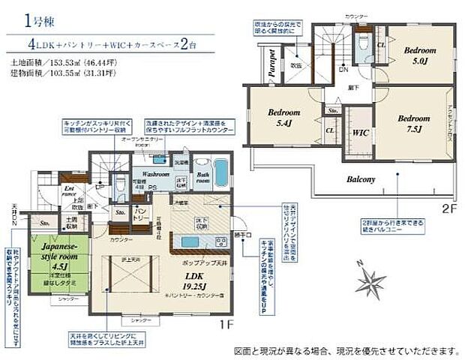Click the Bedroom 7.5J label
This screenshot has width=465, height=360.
[414, 123]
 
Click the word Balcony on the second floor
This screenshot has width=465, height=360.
[361, 180]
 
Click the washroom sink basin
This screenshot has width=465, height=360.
[160, 159]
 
